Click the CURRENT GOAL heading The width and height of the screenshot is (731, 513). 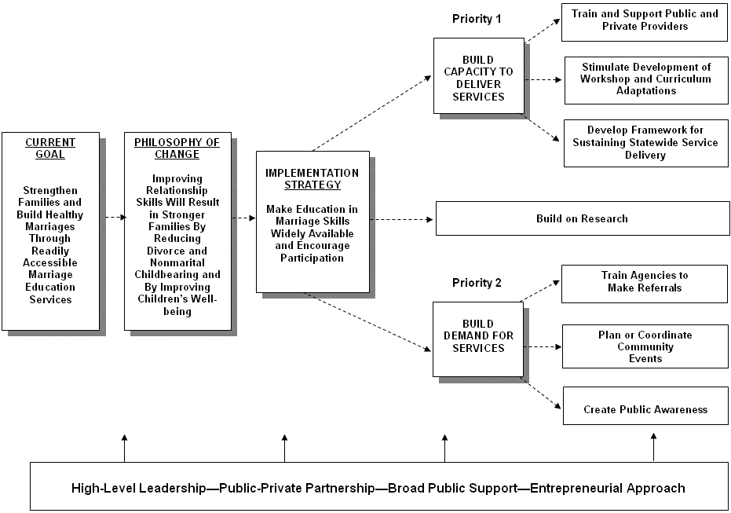pos(50,148)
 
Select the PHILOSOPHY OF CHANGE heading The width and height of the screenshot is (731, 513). pos(177,148)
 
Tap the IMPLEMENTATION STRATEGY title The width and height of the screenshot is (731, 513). pos(313,179)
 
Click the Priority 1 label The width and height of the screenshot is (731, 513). pos(477,18)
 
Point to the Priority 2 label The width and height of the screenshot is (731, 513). pos(477,283)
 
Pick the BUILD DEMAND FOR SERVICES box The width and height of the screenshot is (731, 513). pos(477,336)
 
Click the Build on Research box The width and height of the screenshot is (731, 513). pos(582,218)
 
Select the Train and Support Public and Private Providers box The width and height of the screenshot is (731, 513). pos(645,20)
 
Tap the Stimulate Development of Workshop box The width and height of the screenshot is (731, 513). pos(645,79)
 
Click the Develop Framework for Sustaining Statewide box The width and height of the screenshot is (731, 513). pos(645,143)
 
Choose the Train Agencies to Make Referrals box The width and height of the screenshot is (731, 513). pos(645,281)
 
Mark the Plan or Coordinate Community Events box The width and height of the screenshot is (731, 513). pos(645,346)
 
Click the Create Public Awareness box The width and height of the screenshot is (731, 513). pos(645,409)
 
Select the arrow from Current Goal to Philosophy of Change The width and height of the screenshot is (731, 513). pos(113,217)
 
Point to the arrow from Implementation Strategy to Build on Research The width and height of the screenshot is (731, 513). pos(402,219)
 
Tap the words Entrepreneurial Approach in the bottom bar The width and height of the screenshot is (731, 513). pos(607,488)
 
